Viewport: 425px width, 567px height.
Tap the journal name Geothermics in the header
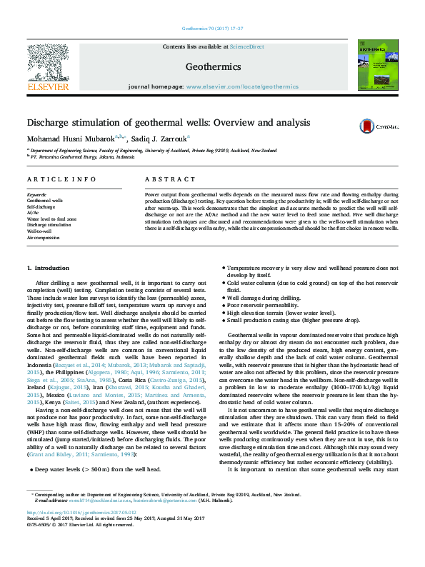click(x=212, y=66)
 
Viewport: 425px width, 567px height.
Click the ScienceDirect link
click(x=246, y=46)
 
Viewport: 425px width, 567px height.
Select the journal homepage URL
click(x=242, y=86)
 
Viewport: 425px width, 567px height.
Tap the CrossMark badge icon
click(x=367, y=126)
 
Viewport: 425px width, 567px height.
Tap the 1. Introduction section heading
click(x=48, y=268)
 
